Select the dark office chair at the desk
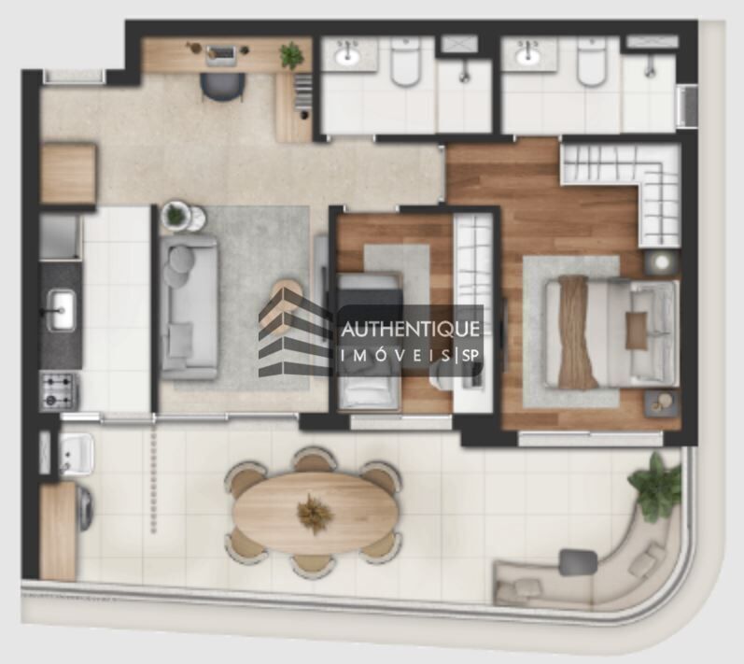click(222, 85)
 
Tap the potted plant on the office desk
click(291, 55)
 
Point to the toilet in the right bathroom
click(591, 64)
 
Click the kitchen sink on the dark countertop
click(62, 309)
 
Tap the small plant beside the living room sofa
click(175, 216)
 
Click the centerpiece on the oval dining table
click(315, 512)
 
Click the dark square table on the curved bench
click(578, 561)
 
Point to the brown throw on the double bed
click(576, 332)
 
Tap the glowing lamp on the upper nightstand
click(661, 262)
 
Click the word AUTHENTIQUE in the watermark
click(411, 329)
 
